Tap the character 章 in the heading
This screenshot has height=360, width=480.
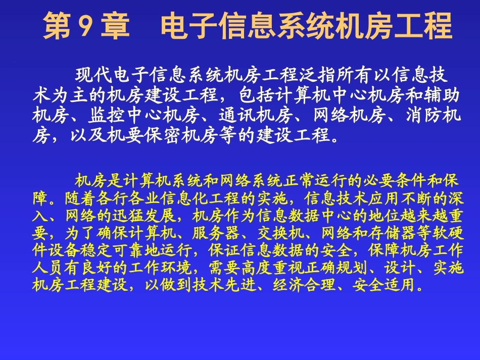click(115, 27)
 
